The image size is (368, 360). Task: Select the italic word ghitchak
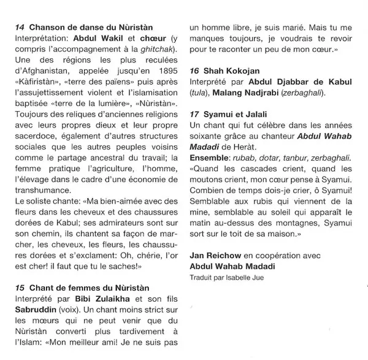[x=157, y=48]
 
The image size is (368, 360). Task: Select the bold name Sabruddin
[x=37, y=309]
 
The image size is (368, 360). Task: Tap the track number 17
[x=196, y=114]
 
